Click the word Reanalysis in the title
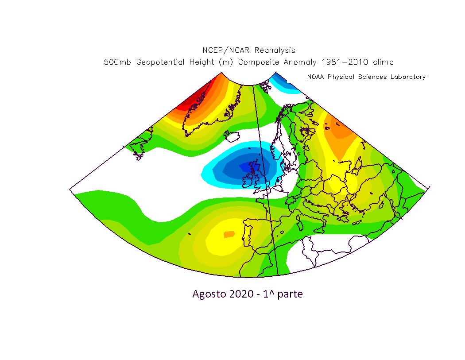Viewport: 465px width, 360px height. coord(275,50)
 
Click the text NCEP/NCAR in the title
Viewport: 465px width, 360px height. coord(226,50)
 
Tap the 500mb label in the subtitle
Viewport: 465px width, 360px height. coord(117,62)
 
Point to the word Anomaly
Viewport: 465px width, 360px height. coord(300,62)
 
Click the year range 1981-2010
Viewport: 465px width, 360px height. coord(345,62)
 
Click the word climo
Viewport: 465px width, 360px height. coord(384,62)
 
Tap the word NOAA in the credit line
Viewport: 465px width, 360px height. coord(315,77)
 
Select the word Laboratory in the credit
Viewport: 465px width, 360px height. coord(408,77)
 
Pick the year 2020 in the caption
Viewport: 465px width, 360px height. coord(241,294)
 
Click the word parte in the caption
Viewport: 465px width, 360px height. coord(290,294)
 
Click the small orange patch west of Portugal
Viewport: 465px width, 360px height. coord(229,235)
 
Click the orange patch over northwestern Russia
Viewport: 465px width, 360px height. coord(340,131)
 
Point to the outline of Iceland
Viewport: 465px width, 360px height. coord(232,136)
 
